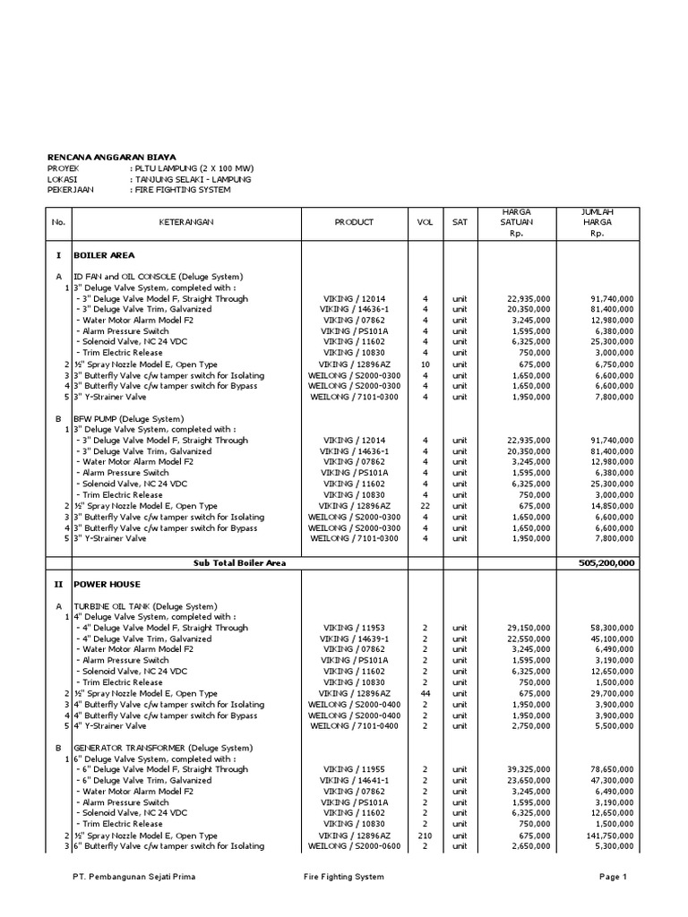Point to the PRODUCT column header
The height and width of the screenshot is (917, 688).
(x=354, y=222)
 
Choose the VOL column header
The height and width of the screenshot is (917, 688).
(x=426, y=222)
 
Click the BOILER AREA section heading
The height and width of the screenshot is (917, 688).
(x=104, y=255)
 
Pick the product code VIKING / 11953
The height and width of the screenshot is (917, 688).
(x=354, y=628)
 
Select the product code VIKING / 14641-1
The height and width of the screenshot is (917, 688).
(x=354, y=780)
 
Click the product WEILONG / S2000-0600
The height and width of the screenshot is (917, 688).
(x=354, y=845)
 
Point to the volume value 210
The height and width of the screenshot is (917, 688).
(x=426, y=835)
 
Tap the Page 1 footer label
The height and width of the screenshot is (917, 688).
(x=614, y=877)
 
